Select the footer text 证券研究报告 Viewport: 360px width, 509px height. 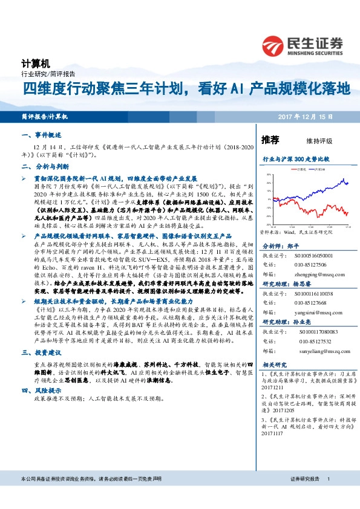(304, 495)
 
